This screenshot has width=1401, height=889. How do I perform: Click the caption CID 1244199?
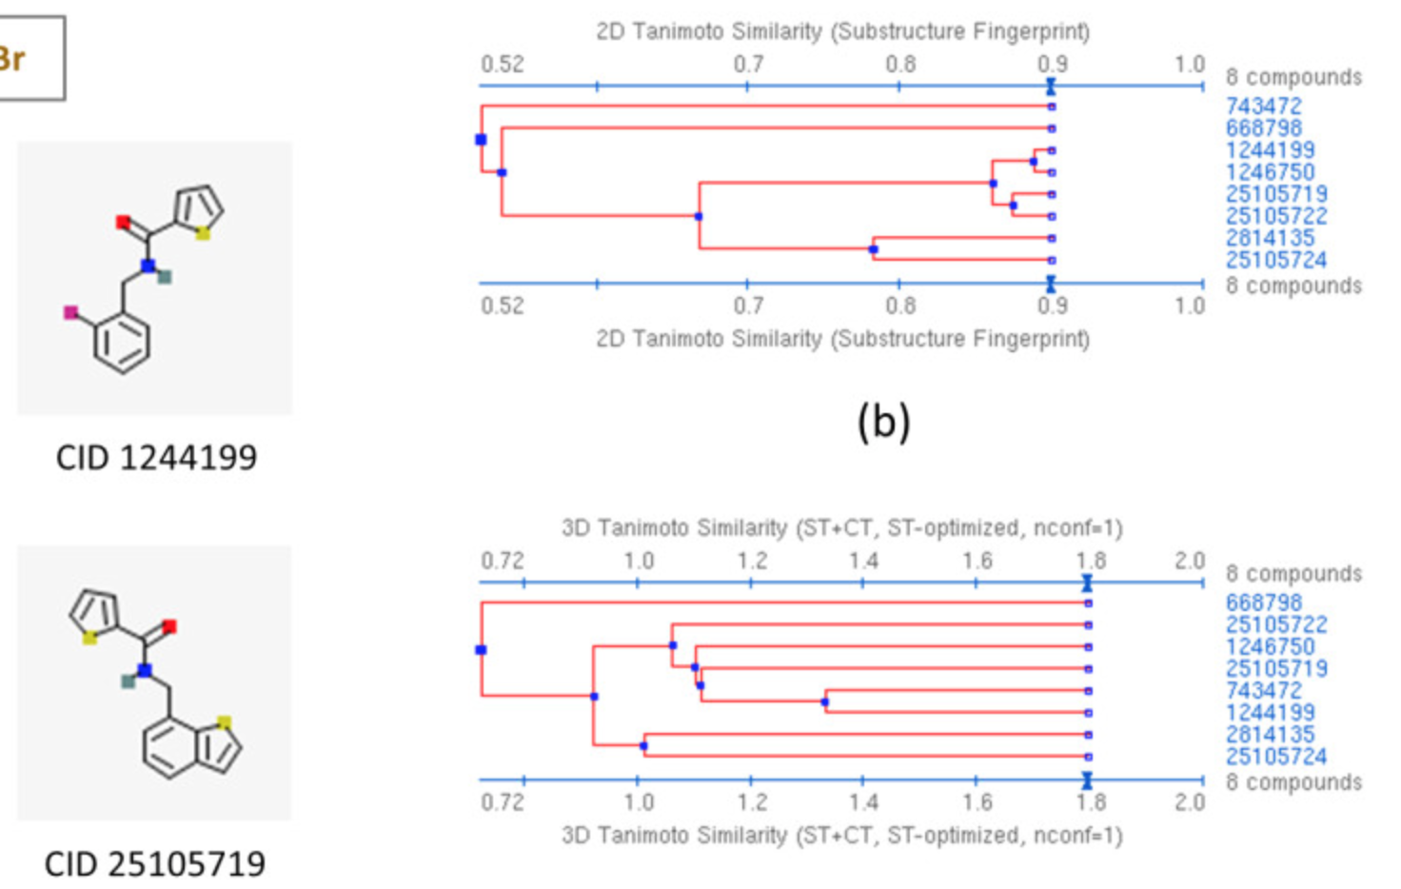click(x=156, y=458)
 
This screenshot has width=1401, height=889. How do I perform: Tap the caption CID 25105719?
click(x=154, y=864)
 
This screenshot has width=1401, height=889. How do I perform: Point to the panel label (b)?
click(x=883, y=421)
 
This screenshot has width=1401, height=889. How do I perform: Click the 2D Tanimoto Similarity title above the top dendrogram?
click(x=842, y=31)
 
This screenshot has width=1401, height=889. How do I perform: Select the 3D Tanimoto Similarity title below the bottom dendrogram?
click(x=842, y=836)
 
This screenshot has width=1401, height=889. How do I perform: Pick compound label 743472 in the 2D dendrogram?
click(x=1263, y=107)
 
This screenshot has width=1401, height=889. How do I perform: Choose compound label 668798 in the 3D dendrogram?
click(x=1263, y=603)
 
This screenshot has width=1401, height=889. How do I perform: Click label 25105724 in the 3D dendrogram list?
click(x=1275, y=757)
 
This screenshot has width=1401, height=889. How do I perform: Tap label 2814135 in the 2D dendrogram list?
click(x=1270, y=238)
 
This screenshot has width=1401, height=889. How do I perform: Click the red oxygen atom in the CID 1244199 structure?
click(x=123, y=223)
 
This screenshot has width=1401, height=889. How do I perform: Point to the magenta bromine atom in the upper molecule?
click(x=70, y=312)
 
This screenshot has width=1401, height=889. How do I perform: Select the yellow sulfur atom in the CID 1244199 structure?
click(x=203, y=233)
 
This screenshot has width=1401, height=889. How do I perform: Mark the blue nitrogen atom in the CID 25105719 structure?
click(x=145, y=670)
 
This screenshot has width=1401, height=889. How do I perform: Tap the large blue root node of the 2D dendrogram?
click(x=481, y=140)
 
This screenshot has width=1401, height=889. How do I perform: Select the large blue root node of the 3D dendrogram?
click(x=481, y=650)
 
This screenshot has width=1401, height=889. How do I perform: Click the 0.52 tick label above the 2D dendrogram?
click(x=502, y=65)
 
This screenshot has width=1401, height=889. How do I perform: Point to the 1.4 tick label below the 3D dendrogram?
click(x=863, y=802)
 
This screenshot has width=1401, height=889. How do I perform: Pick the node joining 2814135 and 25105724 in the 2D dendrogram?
click(x=873, y=249)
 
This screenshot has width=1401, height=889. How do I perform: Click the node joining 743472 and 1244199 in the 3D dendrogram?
click(x=824, y=702)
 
